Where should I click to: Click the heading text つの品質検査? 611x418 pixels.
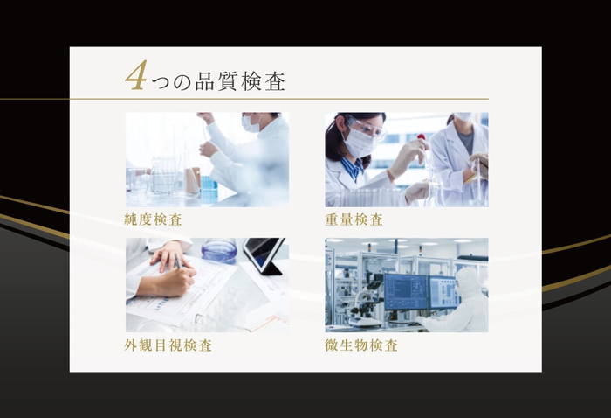point(218,83)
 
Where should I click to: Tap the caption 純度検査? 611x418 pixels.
point(154,219)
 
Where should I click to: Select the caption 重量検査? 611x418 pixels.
point(354,219)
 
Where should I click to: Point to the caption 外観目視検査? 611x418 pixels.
point(168,345)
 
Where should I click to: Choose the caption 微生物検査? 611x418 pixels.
point(361,345)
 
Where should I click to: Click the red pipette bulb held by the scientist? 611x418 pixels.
point(421,137)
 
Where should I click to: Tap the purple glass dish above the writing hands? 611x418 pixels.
point(218,250)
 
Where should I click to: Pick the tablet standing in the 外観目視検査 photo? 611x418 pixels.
point(263,254)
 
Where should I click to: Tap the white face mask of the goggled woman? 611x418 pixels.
point(359,142)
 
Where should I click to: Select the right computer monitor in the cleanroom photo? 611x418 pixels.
point(443,290)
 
